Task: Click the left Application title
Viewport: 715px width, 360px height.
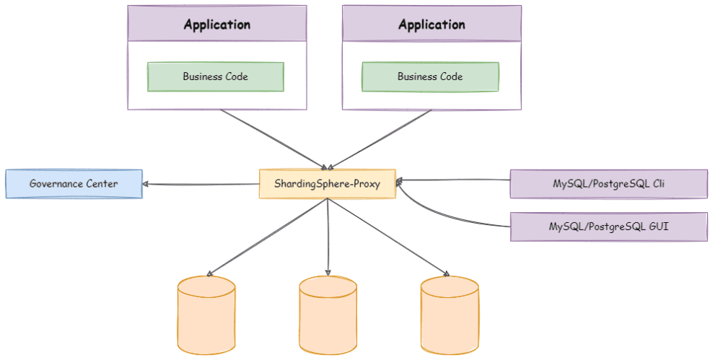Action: [217, 25]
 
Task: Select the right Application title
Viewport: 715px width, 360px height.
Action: [432, 25]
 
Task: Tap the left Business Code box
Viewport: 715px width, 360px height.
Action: [216, 76]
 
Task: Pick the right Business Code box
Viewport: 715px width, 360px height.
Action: [431, 76]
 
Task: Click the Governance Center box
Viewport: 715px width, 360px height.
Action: [74, 184]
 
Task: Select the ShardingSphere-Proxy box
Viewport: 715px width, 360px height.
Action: [328, 184]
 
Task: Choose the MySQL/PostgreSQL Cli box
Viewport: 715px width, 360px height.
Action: [609, 184]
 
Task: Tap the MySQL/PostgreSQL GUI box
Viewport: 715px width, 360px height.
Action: [609, 227]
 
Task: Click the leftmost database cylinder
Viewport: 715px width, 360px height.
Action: [206, 315]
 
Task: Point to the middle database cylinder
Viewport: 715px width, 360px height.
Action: [328, 315]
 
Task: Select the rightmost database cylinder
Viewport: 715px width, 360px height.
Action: [449, 315]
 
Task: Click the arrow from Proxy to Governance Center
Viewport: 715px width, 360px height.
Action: [201, 184]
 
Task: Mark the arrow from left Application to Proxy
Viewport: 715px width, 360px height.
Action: [273, 139]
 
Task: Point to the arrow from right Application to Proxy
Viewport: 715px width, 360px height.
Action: [380, 139]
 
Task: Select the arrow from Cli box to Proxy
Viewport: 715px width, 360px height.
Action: [453, 180]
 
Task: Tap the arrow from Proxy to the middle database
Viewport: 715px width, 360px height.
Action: [328, 237]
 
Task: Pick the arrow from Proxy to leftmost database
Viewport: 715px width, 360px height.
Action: [267, 237]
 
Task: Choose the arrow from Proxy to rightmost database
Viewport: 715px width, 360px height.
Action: [388, 237]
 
